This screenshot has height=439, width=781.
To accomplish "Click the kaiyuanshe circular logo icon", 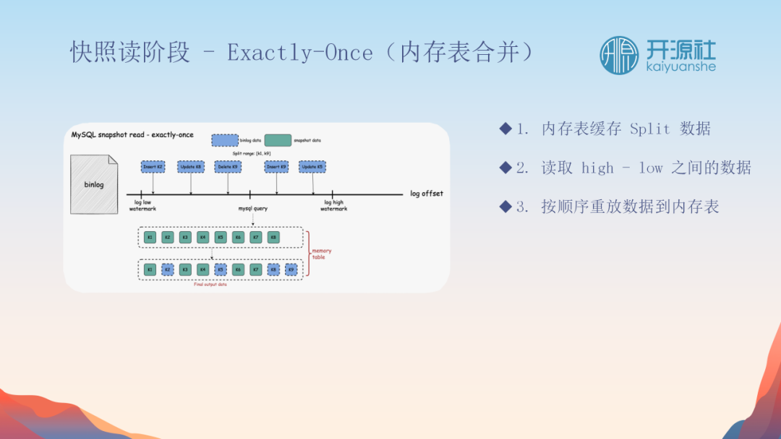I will coord(619,55).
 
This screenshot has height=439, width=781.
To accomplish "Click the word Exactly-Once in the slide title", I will coord(300,53).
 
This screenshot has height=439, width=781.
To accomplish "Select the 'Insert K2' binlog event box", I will coord(153,167).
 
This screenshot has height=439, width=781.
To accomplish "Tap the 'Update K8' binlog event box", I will coord(191,167).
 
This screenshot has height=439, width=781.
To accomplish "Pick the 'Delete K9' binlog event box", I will coord(228,167).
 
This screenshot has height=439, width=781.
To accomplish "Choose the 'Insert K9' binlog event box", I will coord(277,167).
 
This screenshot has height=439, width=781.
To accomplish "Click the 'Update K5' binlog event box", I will coord(312,167).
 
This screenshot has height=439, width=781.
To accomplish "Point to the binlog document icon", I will coord(94,184).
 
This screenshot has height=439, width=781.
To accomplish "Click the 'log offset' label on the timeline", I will coord(427,194).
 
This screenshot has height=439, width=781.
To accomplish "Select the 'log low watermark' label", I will coord(142,206).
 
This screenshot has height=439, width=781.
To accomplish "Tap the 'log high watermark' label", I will coord(333,206).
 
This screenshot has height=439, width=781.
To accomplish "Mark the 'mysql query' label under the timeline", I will coord(253,209).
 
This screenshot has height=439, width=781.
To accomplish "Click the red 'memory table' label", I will coord(322,253).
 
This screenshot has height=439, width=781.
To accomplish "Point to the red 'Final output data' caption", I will coord(211,284).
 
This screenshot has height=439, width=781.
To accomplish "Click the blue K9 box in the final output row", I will coord(291,269).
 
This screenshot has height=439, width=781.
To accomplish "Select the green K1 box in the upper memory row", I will coord(150,237).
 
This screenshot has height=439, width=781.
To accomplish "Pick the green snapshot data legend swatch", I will coord(278,140).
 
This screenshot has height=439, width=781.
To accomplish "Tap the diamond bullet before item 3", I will coord(505,207).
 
